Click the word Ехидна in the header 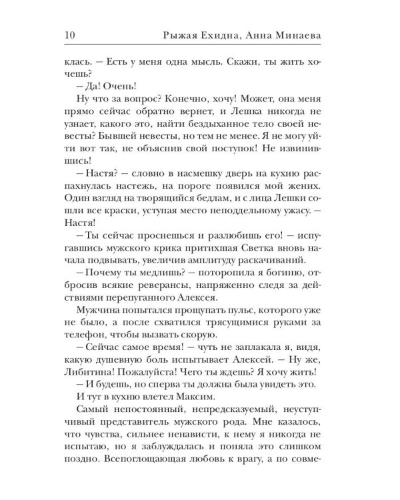coord(229,34)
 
